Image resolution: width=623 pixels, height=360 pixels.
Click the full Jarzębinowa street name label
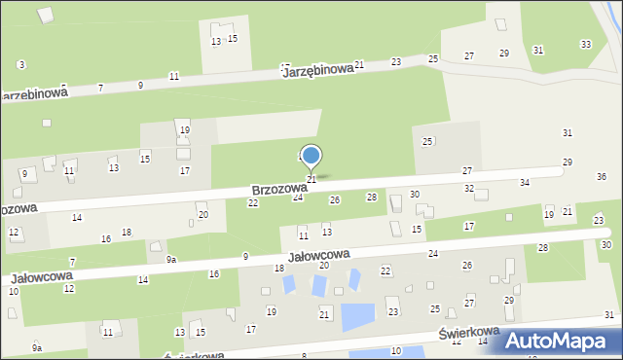pos(317,72)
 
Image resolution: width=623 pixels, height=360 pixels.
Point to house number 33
pos(585,45)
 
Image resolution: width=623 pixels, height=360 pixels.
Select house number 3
pos(21,64)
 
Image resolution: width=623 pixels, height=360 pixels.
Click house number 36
pos(602,177)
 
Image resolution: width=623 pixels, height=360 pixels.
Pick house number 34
pos(525,183)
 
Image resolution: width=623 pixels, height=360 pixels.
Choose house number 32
pos(468,188)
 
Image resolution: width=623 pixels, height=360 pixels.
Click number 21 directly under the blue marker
pos(311,180)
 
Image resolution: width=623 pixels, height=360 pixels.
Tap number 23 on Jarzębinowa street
pos(396,61)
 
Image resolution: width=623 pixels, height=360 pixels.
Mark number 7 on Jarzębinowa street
pos(101,89)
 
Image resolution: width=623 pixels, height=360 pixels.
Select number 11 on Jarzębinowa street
pos(173,76)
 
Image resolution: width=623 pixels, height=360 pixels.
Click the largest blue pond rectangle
pos(357,316)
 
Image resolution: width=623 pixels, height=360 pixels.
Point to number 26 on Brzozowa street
pos(335,199)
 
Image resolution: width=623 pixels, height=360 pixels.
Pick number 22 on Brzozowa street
pos(253,203)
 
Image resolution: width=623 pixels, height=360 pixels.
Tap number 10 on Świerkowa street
pos(395,350)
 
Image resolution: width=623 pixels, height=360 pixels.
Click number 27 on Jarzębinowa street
pos(469,56)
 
